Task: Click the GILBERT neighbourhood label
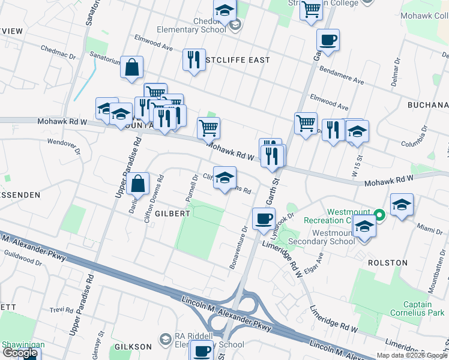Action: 172,213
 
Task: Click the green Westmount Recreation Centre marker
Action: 379,214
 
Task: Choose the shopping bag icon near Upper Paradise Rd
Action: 138,184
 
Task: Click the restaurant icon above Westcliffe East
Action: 194,60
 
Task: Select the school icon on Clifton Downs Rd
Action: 224,178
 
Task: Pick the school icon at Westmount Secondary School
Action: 364,227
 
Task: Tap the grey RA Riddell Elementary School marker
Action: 164,340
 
